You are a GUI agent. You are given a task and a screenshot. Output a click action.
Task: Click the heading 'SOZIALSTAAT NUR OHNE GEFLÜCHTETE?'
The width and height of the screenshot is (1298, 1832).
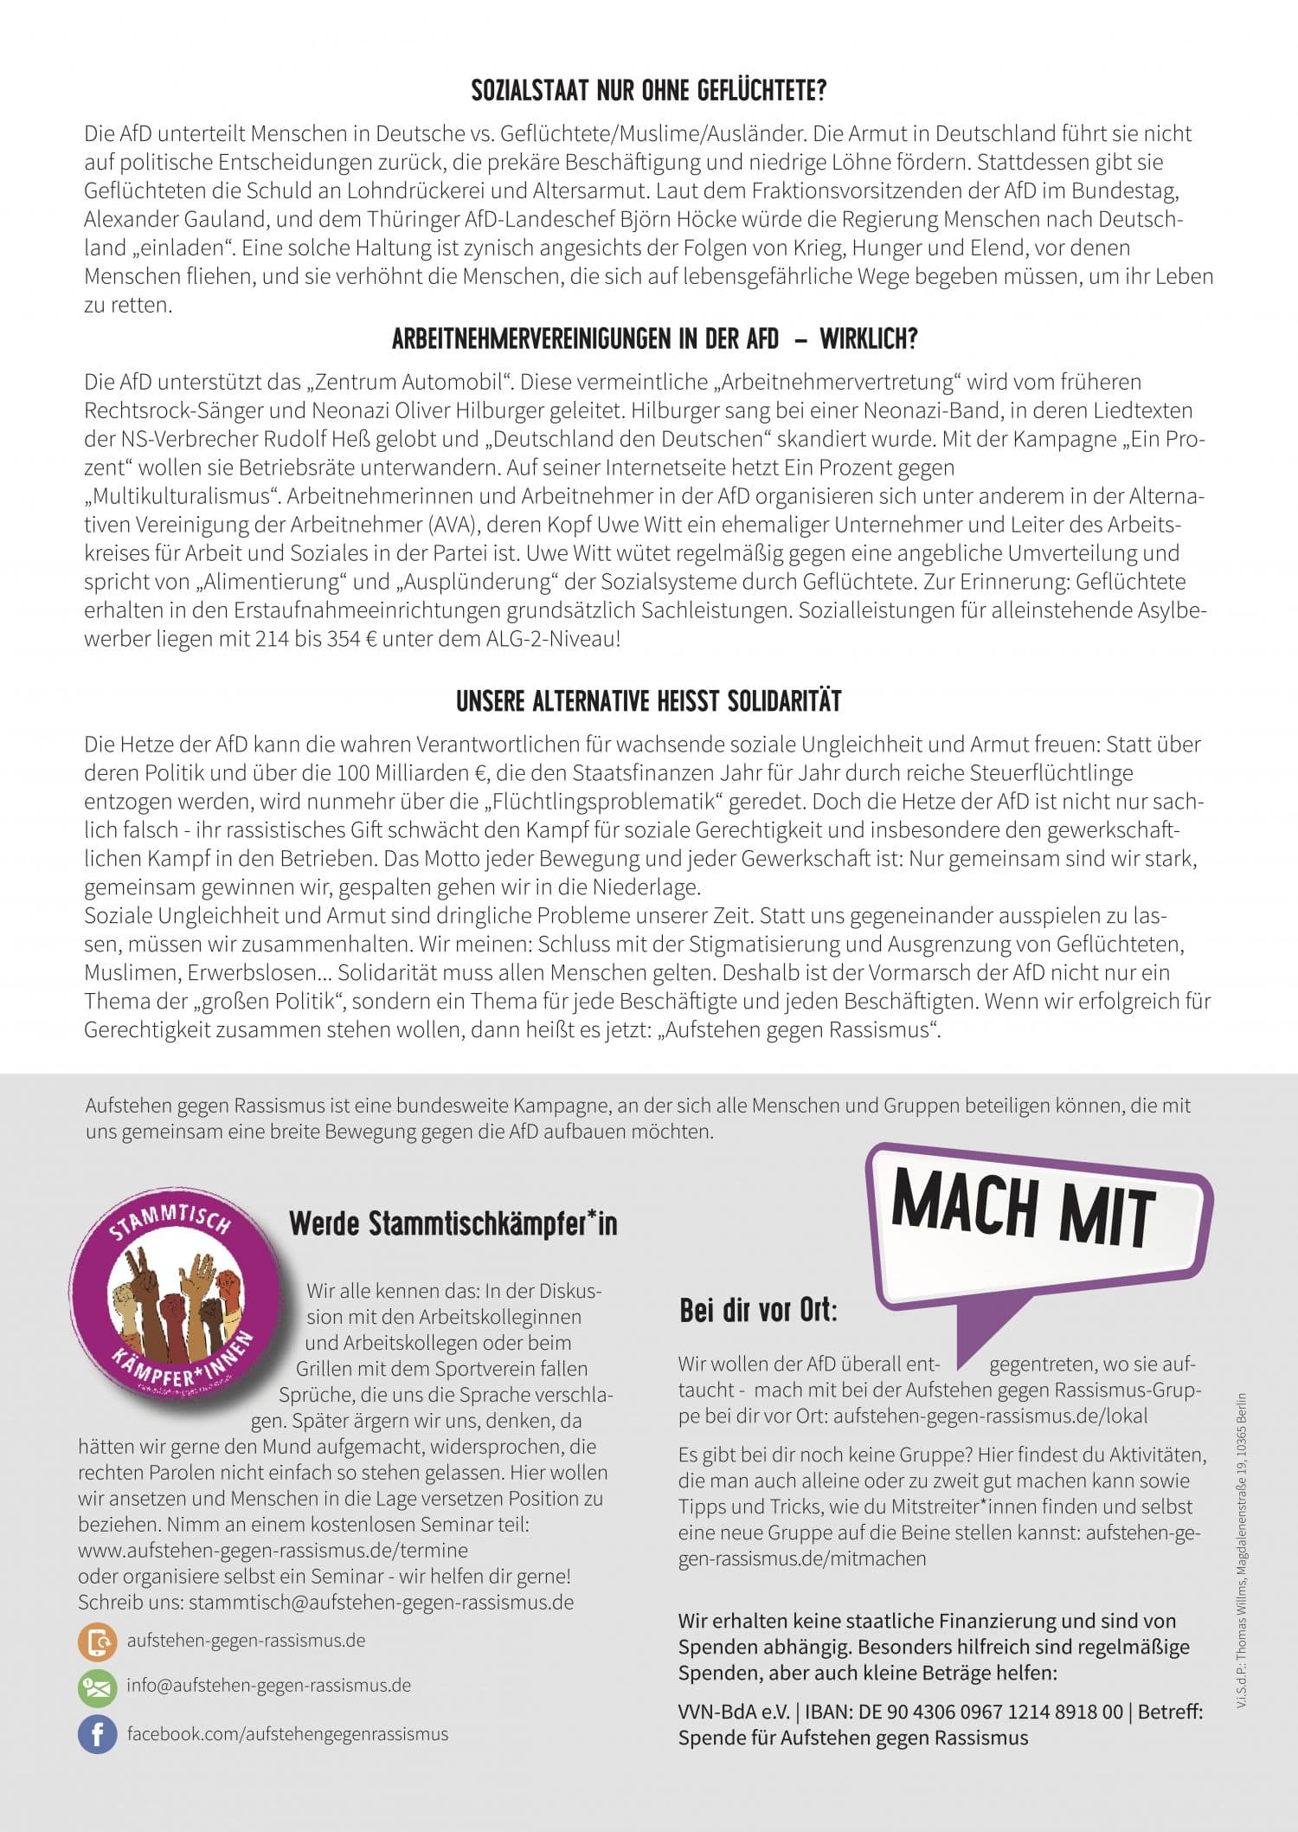(649, 91)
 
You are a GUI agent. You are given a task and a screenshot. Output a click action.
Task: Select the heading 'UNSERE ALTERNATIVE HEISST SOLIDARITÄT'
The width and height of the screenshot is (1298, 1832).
(649, 701)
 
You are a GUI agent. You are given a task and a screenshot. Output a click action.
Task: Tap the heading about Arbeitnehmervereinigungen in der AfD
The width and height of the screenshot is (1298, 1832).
(654, 339)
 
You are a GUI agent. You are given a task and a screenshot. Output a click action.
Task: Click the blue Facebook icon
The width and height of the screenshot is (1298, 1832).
(97, 1734)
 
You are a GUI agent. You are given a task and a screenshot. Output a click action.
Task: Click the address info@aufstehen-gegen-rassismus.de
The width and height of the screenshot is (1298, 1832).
(269, 1686)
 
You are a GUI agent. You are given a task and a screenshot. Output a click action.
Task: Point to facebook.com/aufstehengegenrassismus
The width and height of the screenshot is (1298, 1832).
(287, 1733)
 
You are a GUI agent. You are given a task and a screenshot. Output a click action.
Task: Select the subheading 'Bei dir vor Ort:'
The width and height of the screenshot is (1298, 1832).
(758, 1312)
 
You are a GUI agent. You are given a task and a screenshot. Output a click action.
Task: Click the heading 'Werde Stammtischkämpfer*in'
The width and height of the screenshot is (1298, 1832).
(453, 1224)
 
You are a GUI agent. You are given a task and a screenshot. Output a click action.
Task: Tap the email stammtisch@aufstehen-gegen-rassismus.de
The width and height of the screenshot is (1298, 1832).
(381, 1602)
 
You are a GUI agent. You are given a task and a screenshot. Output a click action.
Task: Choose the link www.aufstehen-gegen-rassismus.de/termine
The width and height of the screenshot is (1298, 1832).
(273, 1550)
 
